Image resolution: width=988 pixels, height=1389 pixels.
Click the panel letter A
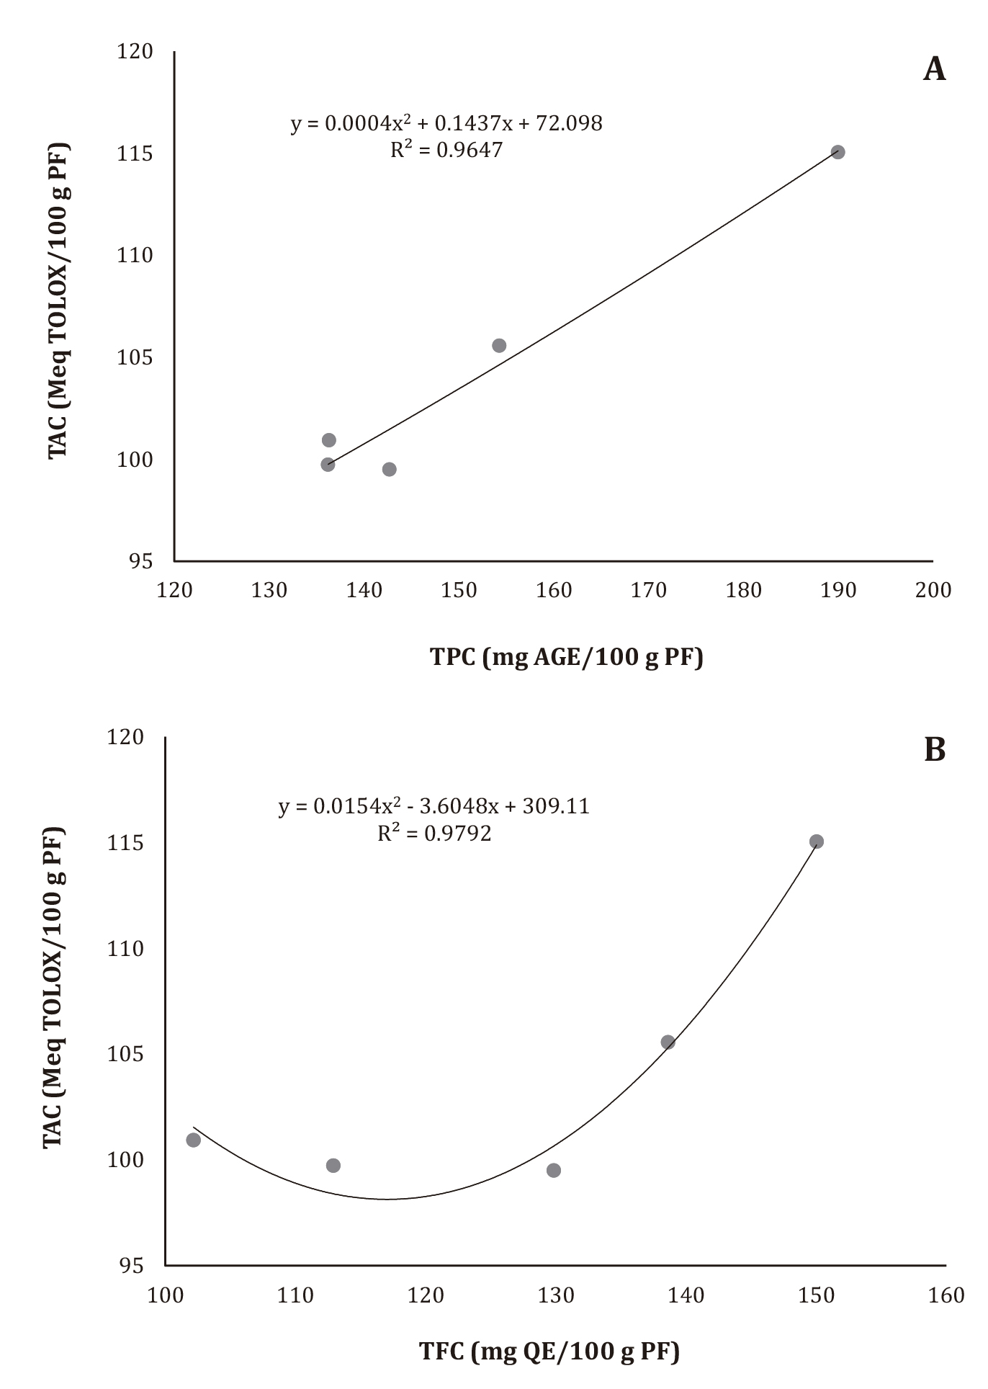[x=934, y=69]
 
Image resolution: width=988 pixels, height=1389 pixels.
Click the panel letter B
[x=934, y=750]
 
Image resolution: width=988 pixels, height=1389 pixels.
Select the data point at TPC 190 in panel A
[x=837, y=152]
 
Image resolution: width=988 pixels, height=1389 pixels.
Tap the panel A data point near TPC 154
[x=499, y=346]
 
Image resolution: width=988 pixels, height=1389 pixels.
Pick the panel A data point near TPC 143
[x=390, y=470]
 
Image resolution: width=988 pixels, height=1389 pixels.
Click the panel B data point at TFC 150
[x=816, y=841]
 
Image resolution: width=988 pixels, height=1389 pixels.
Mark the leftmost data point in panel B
[x=194, y=1140]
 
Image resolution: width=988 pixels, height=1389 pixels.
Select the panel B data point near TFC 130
[x=554, y=1170]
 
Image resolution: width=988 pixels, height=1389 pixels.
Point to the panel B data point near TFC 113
[x=333, y=1166]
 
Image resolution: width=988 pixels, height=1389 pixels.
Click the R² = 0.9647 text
[x=446, y=150]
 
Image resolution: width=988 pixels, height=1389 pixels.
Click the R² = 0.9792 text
[x=434, y=833]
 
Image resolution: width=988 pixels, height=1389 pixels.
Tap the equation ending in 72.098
[x=446, y=123]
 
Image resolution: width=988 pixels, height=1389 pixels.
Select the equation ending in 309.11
[x=434, y=805]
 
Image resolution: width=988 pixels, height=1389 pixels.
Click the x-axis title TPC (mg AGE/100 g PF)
[x=566, y=656]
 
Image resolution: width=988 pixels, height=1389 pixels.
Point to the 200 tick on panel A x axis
[x=933, y=590]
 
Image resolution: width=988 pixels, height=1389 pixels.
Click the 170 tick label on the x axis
[x=649, y=590]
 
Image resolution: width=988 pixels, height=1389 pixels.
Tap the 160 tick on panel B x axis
[x=946, y=1295]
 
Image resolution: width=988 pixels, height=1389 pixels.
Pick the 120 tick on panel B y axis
[x=125, y=737]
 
